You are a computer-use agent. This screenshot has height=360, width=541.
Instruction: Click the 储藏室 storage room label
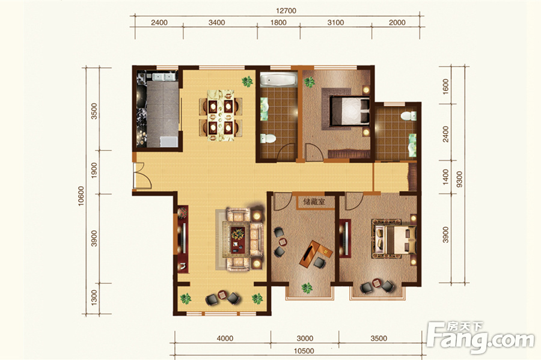tap(314, 202)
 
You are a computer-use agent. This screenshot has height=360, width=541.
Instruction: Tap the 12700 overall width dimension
tap(286, 11)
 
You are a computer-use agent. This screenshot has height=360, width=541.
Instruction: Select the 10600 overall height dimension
tap(81, 196)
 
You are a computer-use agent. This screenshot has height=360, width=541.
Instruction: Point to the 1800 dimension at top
tap(278, 23)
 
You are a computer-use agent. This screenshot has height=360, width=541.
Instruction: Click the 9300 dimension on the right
tap(459, 179)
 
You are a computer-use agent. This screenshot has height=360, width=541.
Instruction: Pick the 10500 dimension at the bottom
tap(304, 351)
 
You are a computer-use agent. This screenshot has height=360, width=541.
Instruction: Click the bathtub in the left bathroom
tap(278, 80)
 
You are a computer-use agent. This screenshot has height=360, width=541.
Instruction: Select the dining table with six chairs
tap(221, 115)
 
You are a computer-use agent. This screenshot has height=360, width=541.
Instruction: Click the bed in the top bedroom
tap(349, 111)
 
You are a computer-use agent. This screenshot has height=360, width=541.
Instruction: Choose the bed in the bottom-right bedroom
tap(394, 240)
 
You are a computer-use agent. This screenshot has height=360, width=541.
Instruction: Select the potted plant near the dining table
tap(247, 82)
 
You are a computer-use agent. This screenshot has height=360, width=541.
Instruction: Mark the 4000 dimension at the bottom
tap(225, 338)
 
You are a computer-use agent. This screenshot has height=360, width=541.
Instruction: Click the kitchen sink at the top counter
tap(160, 76)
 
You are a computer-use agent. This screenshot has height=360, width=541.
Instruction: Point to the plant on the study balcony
tap(307, 288)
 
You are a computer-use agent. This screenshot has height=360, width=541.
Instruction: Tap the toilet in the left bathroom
tap(268, 139)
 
